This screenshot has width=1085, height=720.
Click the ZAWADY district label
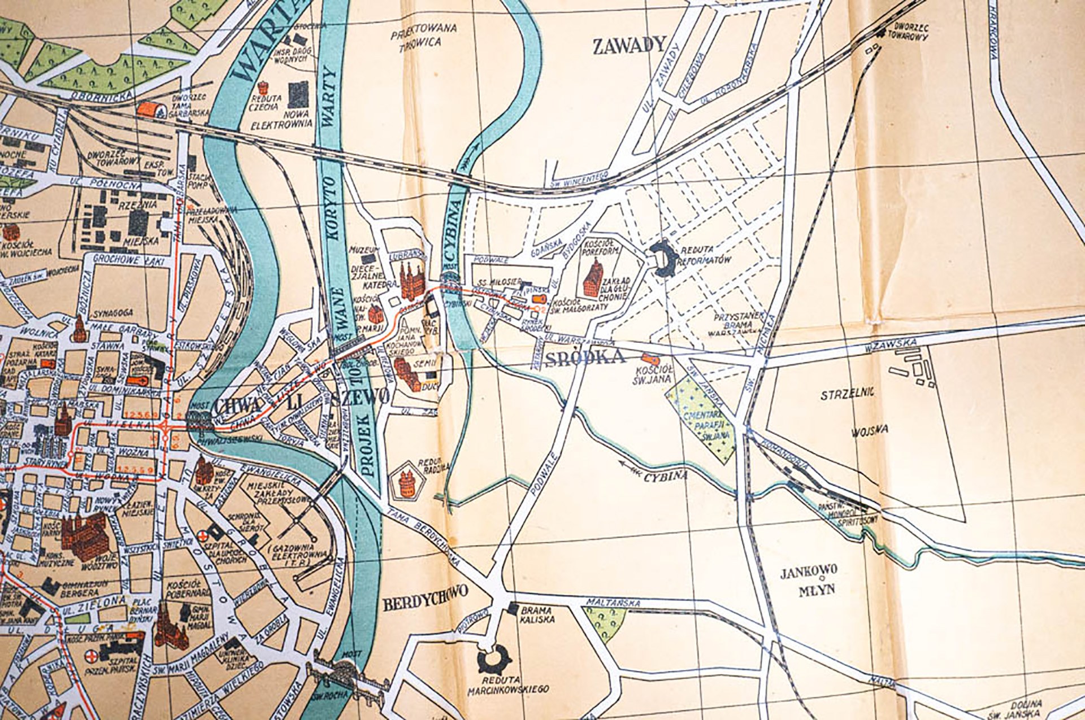[630, 46]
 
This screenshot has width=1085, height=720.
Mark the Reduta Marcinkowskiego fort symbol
[493, 659]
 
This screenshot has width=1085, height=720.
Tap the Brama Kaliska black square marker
[513, 608]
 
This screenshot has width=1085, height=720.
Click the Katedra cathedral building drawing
[412, 279]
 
